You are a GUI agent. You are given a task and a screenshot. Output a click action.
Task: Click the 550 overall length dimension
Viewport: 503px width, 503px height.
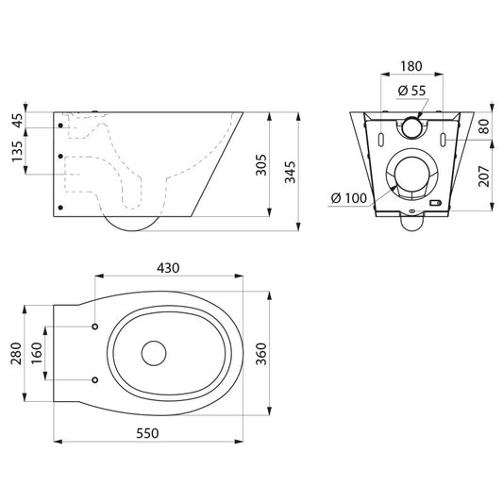(x=147, y=433)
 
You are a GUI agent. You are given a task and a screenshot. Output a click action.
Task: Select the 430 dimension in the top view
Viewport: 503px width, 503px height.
(x=168, y=268)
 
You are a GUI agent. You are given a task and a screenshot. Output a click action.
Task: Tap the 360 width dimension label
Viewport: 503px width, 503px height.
(x=262, y=354)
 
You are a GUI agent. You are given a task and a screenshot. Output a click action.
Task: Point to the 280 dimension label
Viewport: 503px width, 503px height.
(x=16, y=354)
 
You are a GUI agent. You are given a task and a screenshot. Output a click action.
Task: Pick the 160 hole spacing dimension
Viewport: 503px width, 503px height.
(x=37, y=353)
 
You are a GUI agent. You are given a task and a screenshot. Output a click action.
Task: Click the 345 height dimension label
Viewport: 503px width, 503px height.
(x=291, y=172)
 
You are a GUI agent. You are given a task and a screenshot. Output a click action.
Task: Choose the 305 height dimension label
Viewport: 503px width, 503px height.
(x=261, y=165)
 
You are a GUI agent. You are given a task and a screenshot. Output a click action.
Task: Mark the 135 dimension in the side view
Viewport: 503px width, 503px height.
(x=18, y=151)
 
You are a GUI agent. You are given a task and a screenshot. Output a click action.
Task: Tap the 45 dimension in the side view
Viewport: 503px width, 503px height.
(x=18, y=120)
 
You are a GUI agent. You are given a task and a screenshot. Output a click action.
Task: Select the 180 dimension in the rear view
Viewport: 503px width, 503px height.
(x=411, y=66)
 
